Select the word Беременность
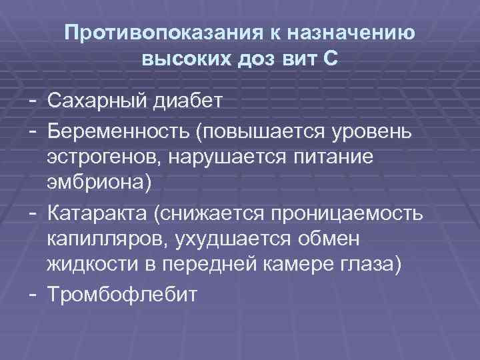pos(117,131)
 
